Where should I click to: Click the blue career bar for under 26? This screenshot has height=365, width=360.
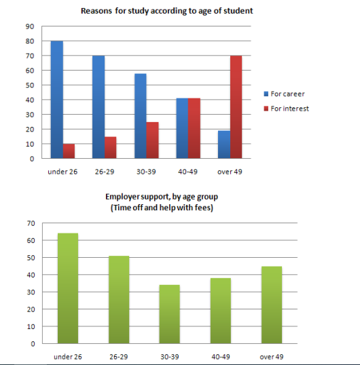tap(56, 100)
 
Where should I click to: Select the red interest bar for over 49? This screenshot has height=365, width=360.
tap(235, 107)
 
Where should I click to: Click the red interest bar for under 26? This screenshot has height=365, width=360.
tap(69, 151)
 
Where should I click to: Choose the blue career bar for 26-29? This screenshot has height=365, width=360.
tap(98, 107)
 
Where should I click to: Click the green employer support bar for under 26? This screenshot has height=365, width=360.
tap(69, 288)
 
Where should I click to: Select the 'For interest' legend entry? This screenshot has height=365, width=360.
tap(289, 108)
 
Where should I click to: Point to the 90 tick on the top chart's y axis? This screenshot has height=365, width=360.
tap(29, 26)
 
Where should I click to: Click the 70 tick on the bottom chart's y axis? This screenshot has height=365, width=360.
tap(29, 223)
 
